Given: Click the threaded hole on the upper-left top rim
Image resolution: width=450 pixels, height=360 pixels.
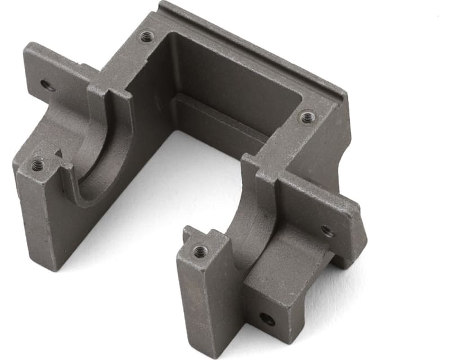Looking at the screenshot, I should pyautogui.click(x=146, y=37).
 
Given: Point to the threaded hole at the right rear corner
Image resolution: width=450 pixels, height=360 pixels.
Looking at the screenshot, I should pyautogui.click(x=307, y=117).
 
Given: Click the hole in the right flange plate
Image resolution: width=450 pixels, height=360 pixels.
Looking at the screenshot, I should pyautogui.click(x=327, y=230).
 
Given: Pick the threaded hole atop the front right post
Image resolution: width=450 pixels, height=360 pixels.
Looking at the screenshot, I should pyautogui.click(x=200, y=250).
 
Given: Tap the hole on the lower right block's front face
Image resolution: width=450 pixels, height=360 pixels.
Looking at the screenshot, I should pyautogui.click(x=267, y=319).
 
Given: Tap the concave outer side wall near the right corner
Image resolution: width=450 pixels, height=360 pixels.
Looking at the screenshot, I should pyautogui.click(x=332, y=146).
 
